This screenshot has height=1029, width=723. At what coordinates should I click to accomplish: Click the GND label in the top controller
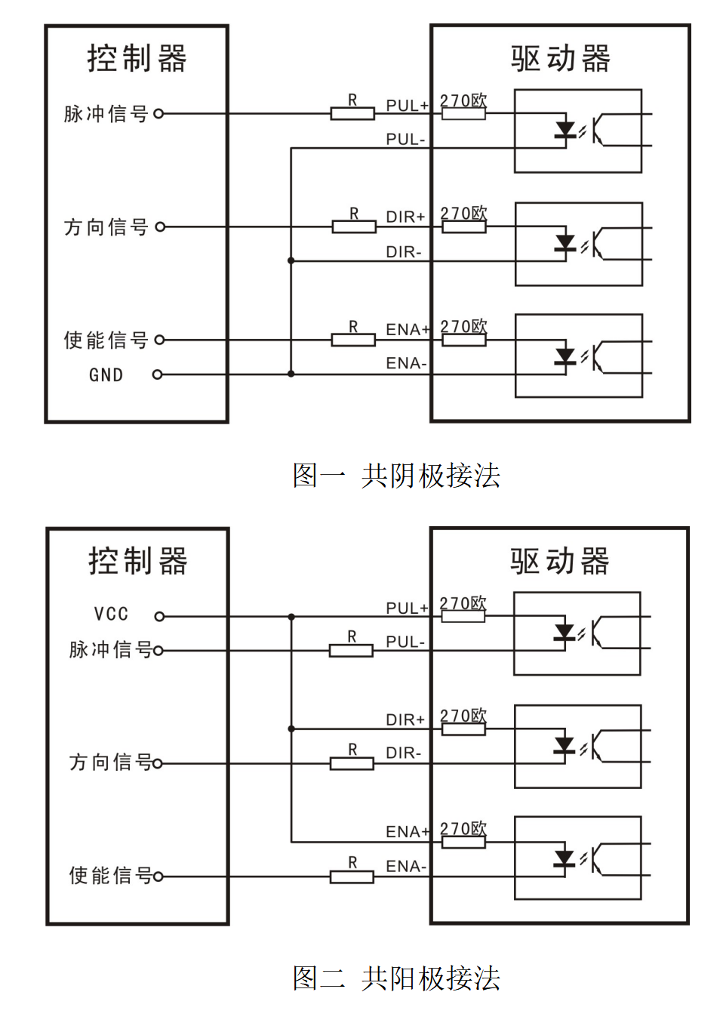(x=106, y=375)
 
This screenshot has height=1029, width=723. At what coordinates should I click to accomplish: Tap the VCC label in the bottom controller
(x=111, y=614)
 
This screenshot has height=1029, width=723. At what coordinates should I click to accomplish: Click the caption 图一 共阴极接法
(x=396, y=476)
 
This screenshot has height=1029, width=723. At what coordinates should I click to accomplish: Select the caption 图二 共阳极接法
(x=396, y=978)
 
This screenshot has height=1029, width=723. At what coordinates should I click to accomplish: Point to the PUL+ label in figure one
(x=407, y=106)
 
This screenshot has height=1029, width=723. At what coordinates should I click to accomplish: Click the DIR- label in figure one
(x=404, y=252)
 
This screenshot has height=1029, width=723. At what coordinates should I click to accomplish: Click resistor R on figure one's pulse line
(x=352, y=114)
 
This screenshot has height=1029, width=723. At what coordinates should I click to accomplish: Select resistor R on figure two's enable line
(x=352, y=876)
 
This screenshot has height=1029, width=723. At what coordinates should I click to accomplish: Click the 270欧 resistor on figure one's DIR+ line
(x=463, y=226)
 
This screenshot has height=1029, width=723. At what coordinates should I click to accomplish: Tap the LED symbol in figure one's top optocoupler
(x=565, y=130)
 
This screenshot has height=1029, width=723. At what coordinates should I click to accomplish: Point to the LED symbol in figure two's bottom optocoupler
(x=565, y=859)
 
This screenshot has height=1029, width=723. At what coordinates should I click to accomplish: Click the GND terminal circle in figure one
(x=158, y=374)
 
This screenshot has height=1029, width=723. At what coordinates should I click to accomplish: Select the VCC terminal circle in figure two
(x=159, y=617)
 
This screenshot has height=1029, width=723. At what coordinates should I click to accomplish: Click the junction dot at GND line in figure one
(x=291, y=374)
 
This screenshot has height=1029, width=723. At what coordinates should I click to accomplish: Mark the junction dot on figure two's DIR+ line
(x=291, y=729)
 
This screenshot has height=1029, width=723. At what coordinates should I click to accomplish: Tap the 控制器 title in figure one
(x=137, y=58)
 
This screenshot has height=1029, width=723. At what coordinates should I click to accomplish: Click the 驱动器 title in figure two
(x=559, y=562)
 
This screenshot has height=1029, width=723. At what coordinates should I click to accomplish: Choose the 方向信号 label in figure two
(x=110, y=763)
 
